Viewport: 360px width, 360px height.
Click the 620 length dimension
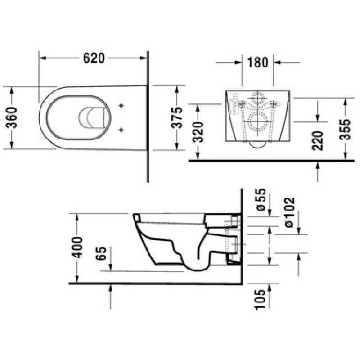point(94,58)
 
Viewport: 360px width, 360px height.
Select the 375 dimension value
point(177,117)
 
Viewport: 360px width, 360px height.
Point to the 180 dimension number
point(257,63)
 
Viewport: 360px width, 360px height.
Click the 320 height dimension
point(198,132)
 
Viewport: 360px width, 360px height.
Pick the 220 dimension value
point(318,140)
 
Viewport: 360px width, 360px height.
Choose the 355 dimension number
point(345,129)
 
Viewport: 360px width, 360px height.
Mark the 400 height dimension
point(76,247)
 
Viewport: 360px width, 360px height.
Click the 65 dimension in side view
point(101,253)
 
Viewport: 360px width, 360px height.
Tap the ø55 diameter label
point(261,199)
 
